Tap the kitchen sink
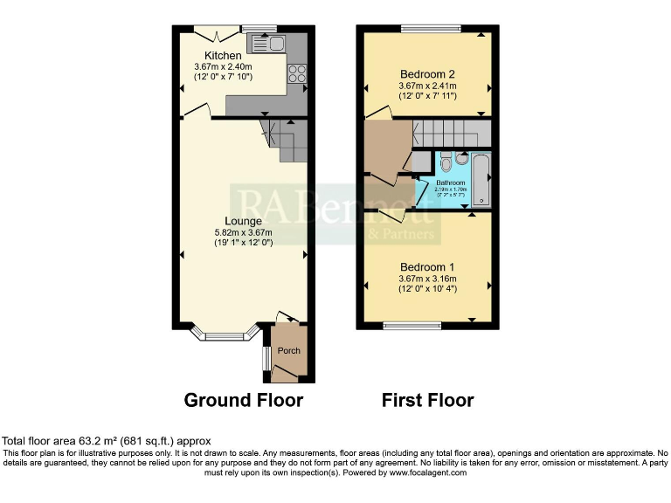pos(266,43)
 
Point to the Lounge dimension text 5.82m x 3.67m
pos(243,232)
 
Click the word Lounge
pos(242,221)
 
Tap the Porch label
pos(288,351)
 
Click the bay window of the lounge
pos(225,334)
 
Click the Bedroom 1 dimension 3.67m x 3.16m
pos(427,279)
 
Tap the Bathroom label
pos(452,182)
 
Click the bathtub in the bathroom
pos(481,179)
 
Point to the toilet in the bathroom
pos(445,162)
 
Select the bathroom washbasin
pos(461,159)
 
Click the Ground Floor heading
pos(243,401)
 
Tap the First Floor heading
pos(427,401)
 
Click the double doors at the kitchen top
pos(217,33)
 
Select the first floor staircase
pos(449,134)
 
